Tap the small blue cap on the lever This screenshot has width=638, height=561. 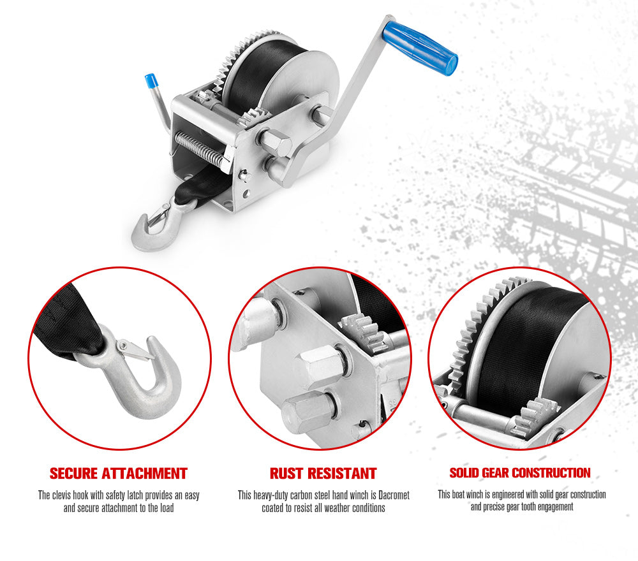coord(151,81)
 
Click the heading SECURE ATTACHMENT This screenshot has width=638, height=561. coord(119,474)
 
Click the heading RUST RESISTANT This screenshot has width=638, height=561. coord(323,474)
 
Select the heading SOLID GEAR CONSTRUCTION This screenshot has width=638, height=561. coord(520,473)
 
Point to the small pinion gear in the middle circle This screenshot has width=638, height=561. coord(364,331)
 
